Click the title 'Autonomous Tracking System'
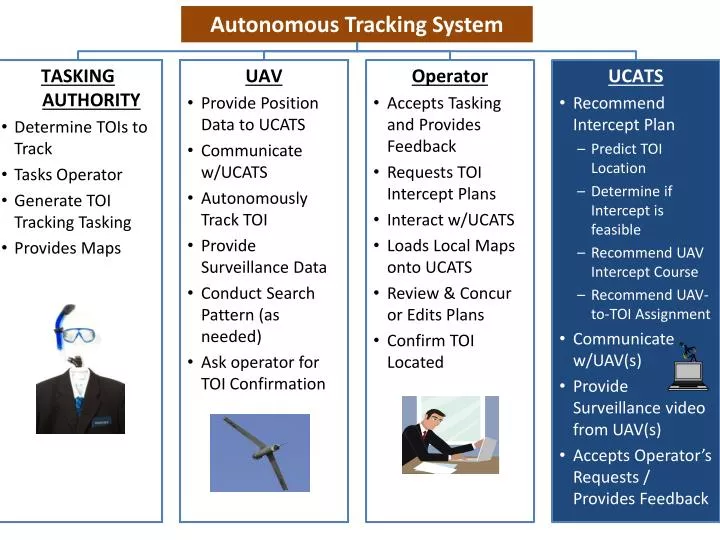pyautogui.click(x=356, y=25)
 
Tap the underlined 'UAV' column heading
pyautogui.click(x=263, y=76)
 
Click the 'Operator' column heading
pyautogui.click(x=449, y=76)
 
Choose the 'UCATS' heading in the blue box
pyautogui.click(x=635, y=76)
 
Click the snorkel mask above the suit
pyautogui.click(x=74, y=330)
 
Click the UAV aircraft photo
pyautogui.click(x=259, y=452)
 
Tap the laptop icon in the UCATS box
pyautogui.click(x=689, y=370)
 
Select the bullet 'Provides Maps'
pyautogui.click(x=67, y=248)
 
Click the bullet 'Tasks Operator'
pyautogui.click(x=68, y=174)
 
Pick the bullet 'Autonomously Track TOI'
pyautogui.click(x=254, y=208)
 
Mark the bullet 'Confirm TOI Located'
pyautogui.click(x=430, y=351)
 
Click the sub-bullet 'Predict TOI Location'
pyautogui.click(x=626, y=158)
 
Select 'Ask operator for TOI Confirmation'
pyautogui.click(x=262, y=373)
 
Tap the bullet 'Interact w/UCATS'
pyautogui.click(x=450, y=220)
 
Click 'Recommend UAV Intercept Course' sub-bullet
pyautogui.click(x=646, y=262)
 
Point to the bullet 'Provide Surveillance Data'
pyautogui.click(x=263, y=256)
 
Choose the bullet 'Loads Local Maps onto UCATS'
pyautogui.click(x=450, y=256)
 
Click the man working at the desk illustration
pyautogui.click(x=449, y=434)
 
